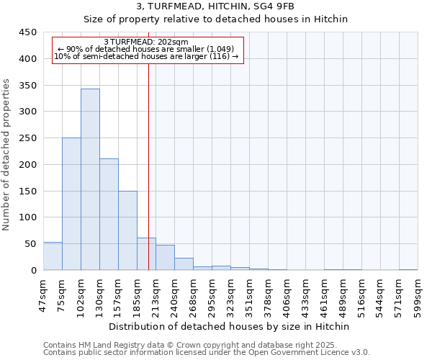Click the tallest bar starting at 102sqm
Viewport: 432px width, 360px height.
pyautogui.click(x=90, y=180)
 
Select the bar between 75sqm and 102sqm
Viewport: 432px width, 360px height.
pyautogui.click(x=71, y=204)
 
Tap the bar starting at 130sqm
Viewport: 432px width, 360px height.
pyautogui.click(x=109, y=215)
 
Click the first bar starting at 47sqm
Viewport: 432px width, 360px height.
pyautogui.click(x=53, y=256)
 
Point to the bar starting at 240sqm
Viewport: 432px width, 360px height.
pyautogui.click(x=184, y=264)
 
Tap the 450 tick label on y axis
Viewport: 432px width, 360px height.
pyautogui.click(x=28, y=32)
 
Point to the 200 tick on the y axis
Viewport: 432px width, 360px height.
pyautogui.click(x=28, y=165)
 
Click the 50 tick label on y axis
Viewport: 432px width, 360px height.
pyautogui.click(x=31, y=244)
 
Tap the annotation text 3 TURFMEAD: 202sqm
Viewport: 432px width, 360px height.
pyautogui.click(x=146, y=42)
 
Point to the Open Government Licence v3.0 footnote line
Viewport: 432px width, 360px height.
pyautogui.click(x=207, y=352)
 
